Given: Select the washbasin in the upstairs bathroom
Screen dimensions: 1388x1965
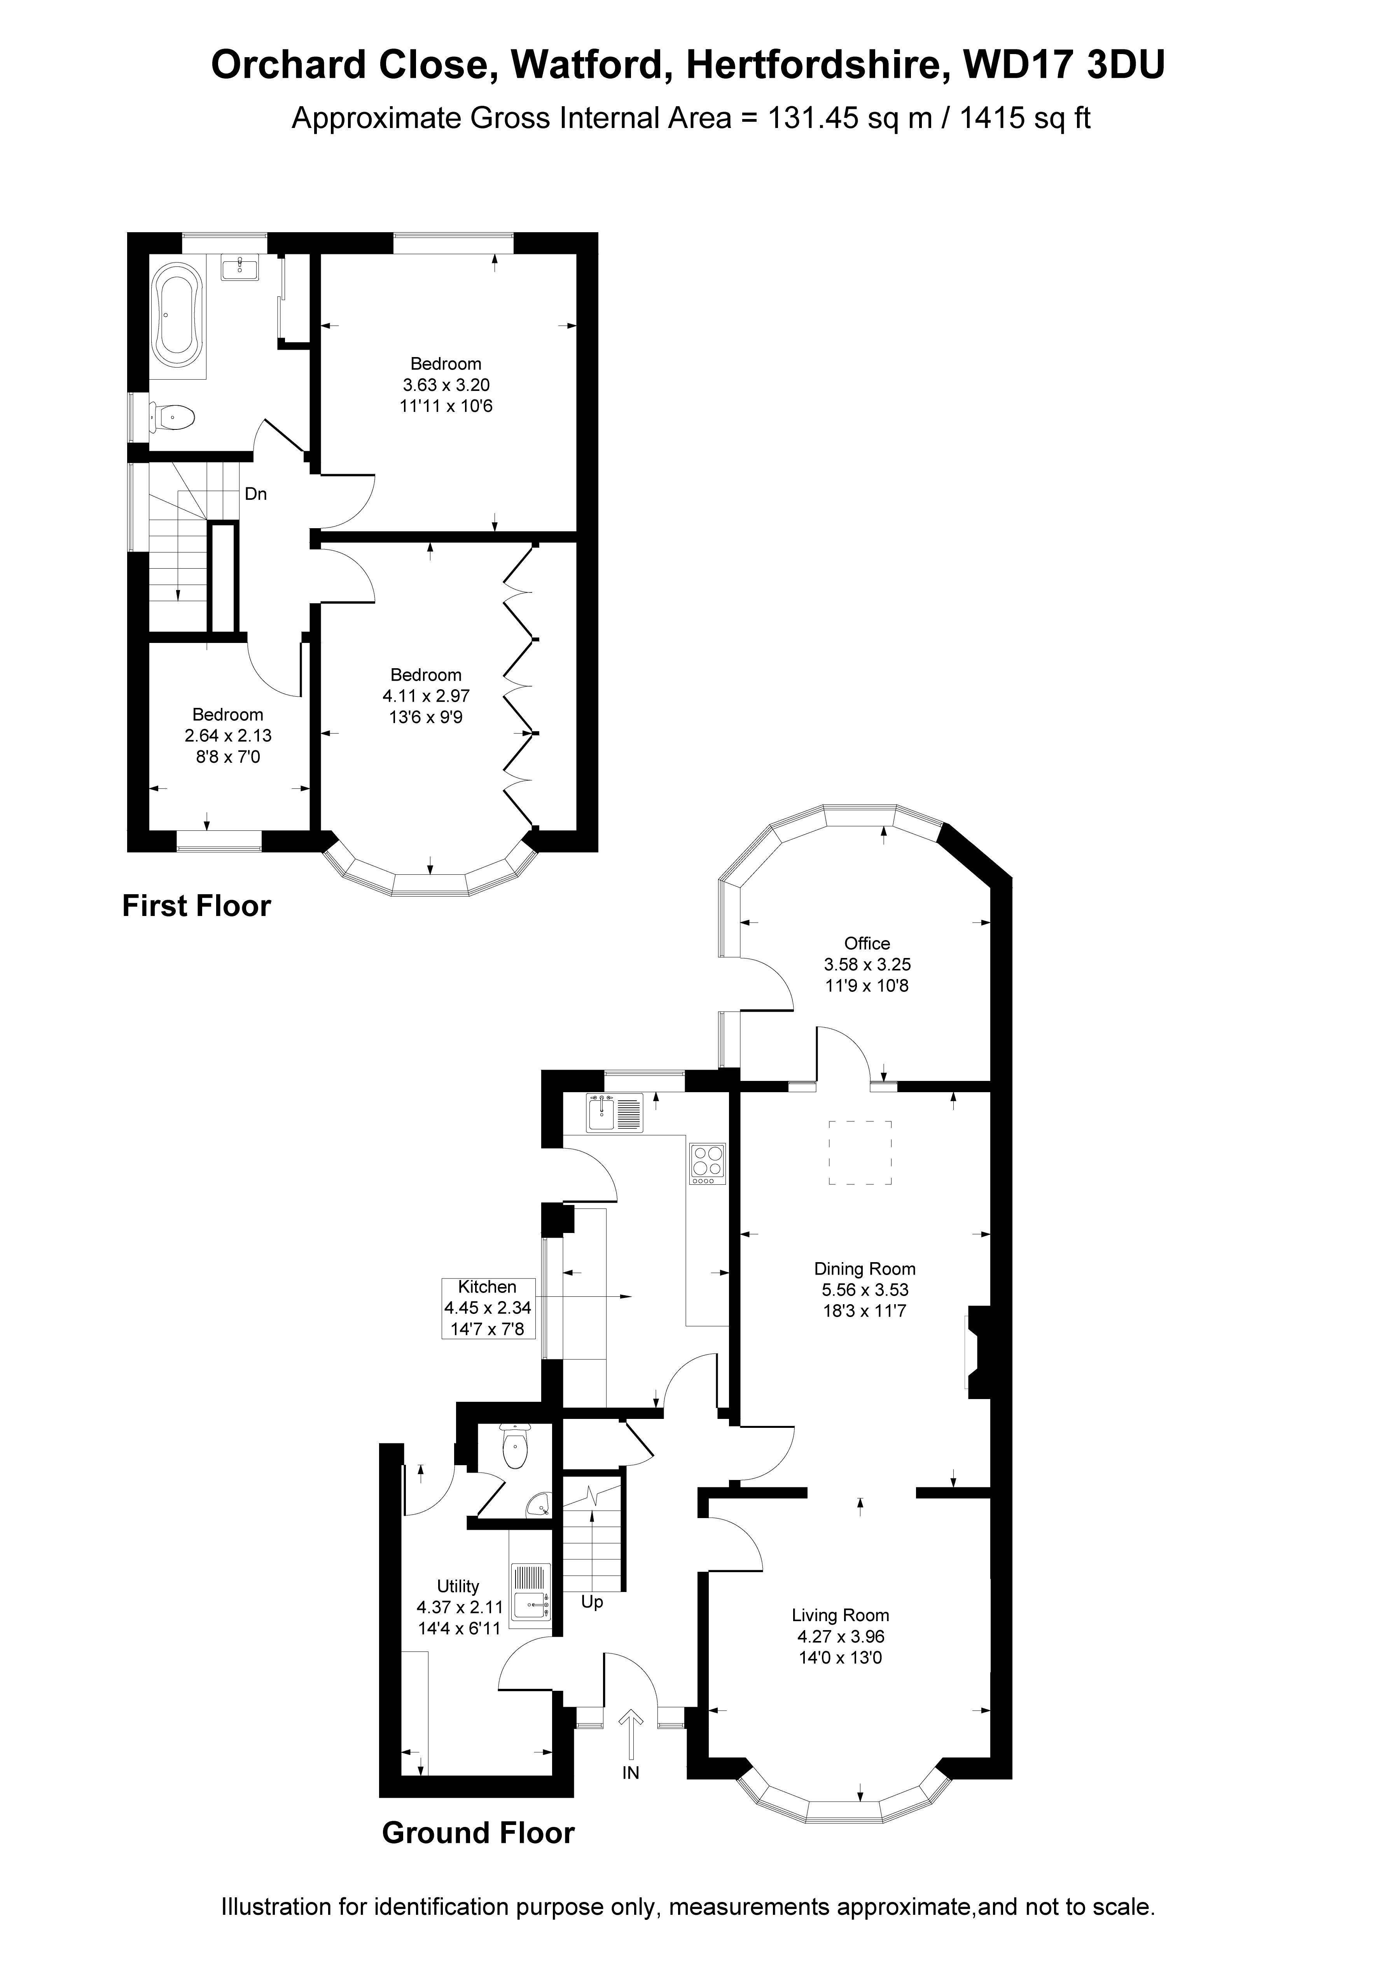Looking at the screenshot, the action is pyautogui.click(x=240, y=269).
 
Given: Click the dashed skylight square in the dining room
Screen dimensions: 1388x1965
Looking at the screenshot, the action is pyautogui.click(x=859, y=1152).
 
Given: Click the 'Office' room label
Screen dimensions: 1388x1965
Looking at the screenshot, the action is pyautogui.click(x=867, y=943).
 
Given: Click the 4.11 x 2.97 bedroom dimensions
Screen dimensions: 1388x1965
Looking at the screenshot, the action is pyautogui.click(x=426, y=696).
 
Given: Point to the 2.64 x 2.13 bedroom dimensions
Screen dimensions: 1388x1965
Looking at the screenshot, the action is pyautogui.click(x=229, y=735).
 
